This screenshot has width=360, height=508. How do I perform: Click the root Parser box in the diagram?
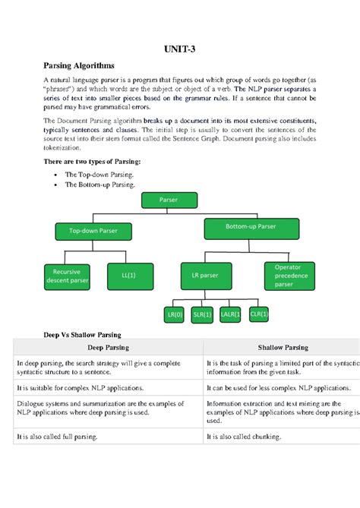[169, 200]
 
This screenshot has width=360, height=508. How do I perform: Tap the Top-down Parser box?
[93, 230]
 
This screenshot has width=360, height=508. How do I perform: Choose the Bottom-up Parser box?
[250, 226]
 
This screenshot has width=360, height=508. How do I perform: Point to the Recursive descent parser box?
[66, 276]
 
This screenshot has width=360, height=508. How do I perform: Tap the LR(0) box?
[175, 314]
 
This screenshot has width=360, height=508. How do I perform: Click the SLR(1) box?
[202, 314]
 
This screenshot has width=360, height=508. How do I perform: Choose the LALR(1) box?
[230, 314]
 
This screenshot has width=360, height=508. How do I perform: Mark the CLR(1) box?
[259, 314]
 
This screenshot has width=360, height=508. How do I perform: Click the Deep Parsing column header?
[108, 347]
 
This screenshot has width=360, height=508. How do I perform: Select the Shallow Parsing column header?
[282, 347]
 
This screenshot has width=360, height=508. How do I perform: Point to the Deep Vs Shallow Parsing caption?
[82, 334]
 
